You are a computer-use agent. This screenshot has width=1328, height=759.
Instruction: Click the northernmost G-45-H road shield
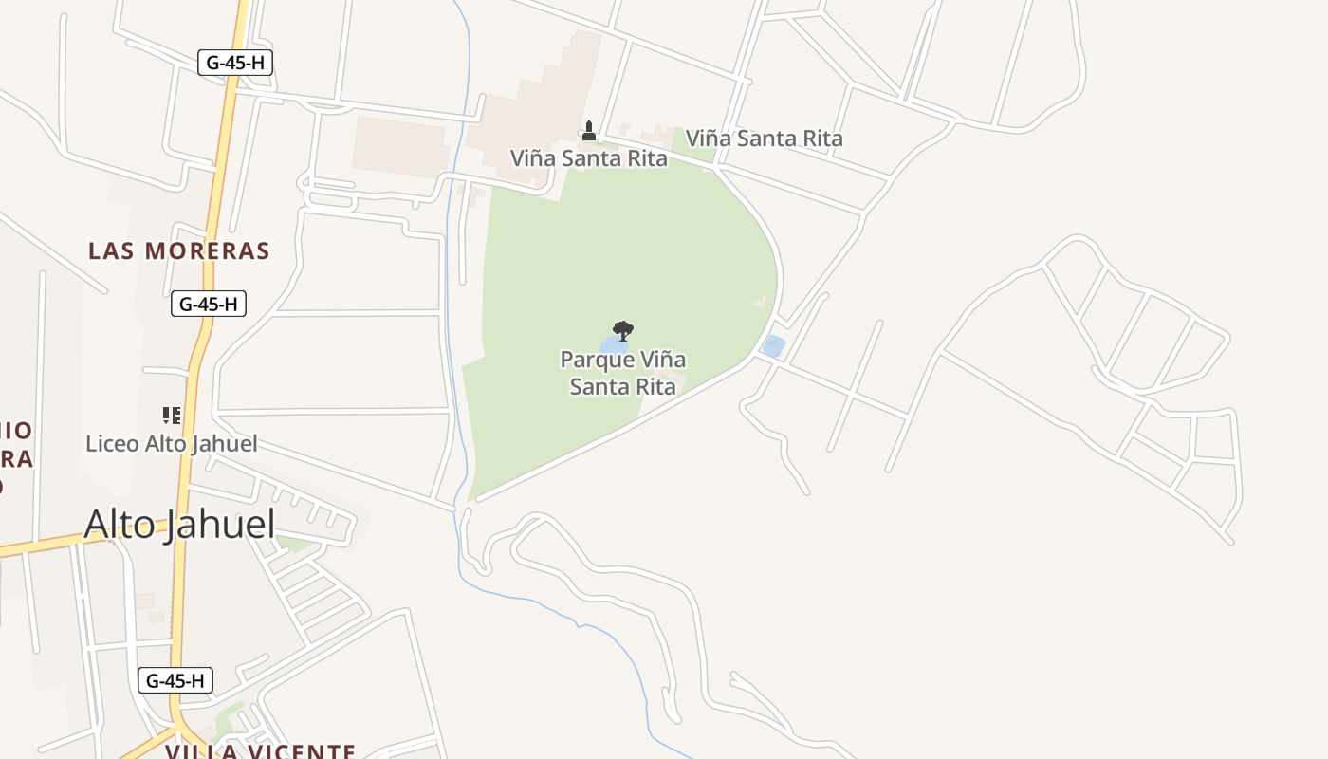tap(235, 63)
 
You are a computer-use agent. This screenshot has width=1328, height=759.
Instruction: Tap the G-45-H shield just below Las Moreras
tap(209, 304)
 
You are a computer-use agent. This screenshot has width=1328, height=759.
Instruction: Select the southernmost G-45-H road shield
tap(175, 680)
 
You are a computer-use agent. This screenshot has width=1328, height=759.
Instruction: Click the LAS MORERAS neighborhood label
tap(179, 250)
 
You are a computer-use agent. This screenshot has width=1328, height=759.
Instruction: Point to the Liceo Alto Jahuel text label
tap(171, 443)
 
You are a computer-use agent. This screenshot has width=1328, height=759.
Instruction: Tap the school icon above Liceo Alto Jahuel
tap(172, 415)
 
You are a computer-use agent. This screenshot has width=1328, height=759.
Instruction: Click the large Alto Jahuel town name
tap(179, 524)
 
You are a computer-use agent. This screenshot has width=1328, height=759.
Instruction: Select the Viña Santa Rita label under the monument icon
tap(588, 158)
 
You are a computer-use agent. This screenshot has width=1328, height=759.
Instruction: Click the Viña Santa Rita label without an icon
tap(764, 139)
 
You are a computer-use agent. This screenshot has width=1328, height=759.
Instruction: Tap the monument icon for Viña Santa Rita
tap(589, 131)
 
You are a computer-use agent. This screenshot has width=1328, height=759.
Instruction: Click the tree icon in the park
tap(622, 330)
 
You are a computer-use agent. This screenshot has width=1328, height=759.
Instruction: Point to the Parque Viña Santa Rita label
tap(622, 373)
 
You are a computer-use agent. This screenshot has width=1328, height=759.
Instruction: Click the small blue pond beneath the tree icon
tap(610, 343)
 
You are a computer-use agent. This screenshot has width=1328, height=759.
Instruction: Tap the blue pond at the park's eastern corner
tap(773, 346)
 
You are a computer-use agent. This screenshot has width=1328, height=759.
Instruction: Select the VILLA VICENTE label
tap(261, 751)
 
